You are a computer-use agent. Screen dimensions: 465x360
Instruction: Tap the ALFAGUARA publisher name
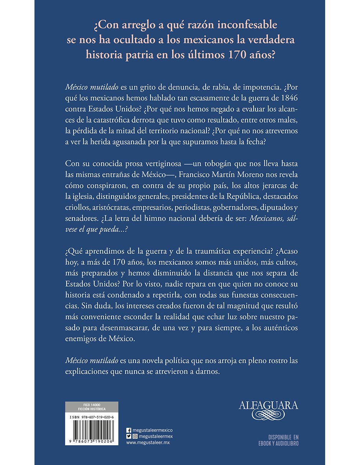[268, 405]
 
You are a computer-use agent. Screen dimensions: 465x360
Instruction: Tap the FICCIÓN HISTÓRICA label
[92, 409]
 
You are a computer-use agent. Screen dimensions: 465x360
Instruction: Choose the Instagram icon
[134, 436]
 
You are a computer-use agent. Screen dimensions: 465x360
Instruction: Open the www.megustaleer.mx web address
[148, 442]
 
